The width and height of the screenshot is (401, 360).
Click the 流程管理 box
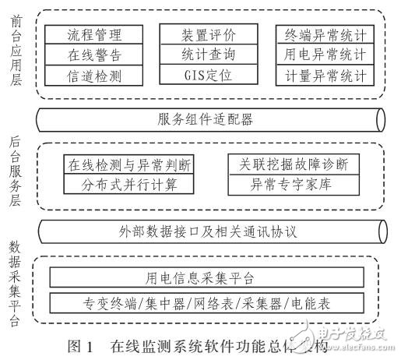[95, 35]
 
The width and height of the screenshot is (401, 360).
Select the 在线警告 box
[95, 55]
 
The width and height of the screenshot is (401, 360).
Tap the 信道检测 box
[95, 76]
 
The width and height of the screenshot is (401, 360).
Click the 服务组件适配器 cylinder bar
[210, 120]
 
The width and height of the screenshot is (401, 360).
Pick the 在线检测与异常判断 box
[128, 165]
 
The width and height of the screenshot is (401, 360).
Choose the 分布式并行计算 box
[128, 185]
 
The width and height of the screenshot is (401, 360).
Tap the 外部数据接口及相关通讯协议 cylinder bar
[210, 231]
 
